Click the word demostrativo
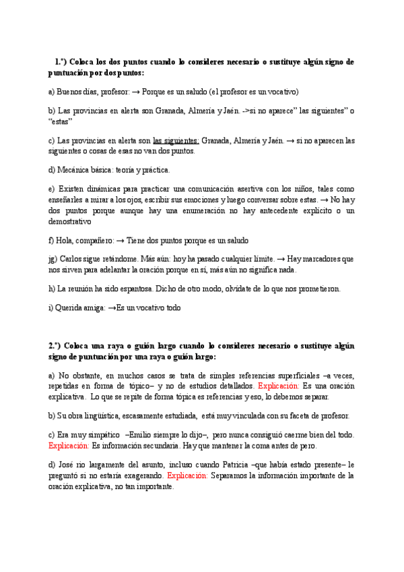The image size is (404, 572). click(69, 221)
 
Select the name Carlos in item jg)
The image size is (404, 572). click(73, 259)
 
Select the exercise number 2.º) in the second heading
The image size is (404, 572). click(57, 346)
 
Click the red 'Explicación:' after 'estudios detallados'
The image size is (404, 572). click(278, 386)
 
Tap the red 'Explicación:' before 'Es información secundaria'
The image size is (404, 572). click(69, 446)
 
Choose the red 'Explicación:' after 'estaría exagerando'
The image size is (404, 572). click(187, 475)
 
